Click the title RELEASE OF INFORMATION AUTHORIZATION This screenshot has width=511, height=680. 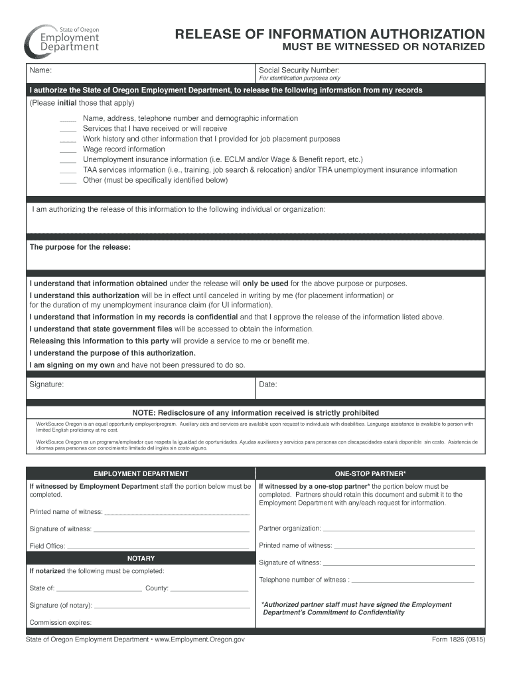329,35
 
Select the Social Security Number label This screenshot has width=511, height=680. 299,70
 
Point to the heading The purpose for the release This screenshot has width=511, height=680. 80,247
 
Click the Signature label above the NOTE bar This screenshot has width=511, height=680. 46,384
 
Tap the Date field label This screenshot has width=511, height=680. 268,384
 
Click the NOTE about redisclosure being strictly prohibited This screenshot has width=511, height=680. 256,412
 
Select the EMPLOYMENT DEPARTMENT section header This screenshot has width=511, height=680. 141,473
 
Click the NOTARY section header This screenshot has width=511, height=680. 141,558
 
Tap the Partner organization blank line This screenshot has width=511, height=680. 398,531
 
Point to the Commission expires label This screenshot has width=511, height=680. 60,622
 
